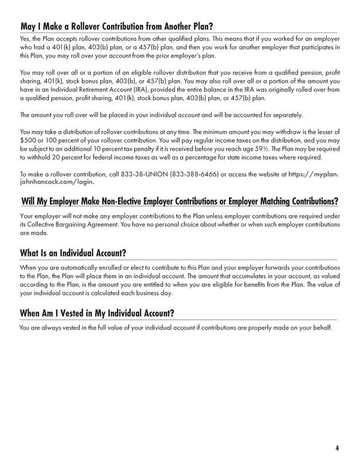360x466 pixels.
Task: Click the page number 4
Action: coord(338,447)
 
